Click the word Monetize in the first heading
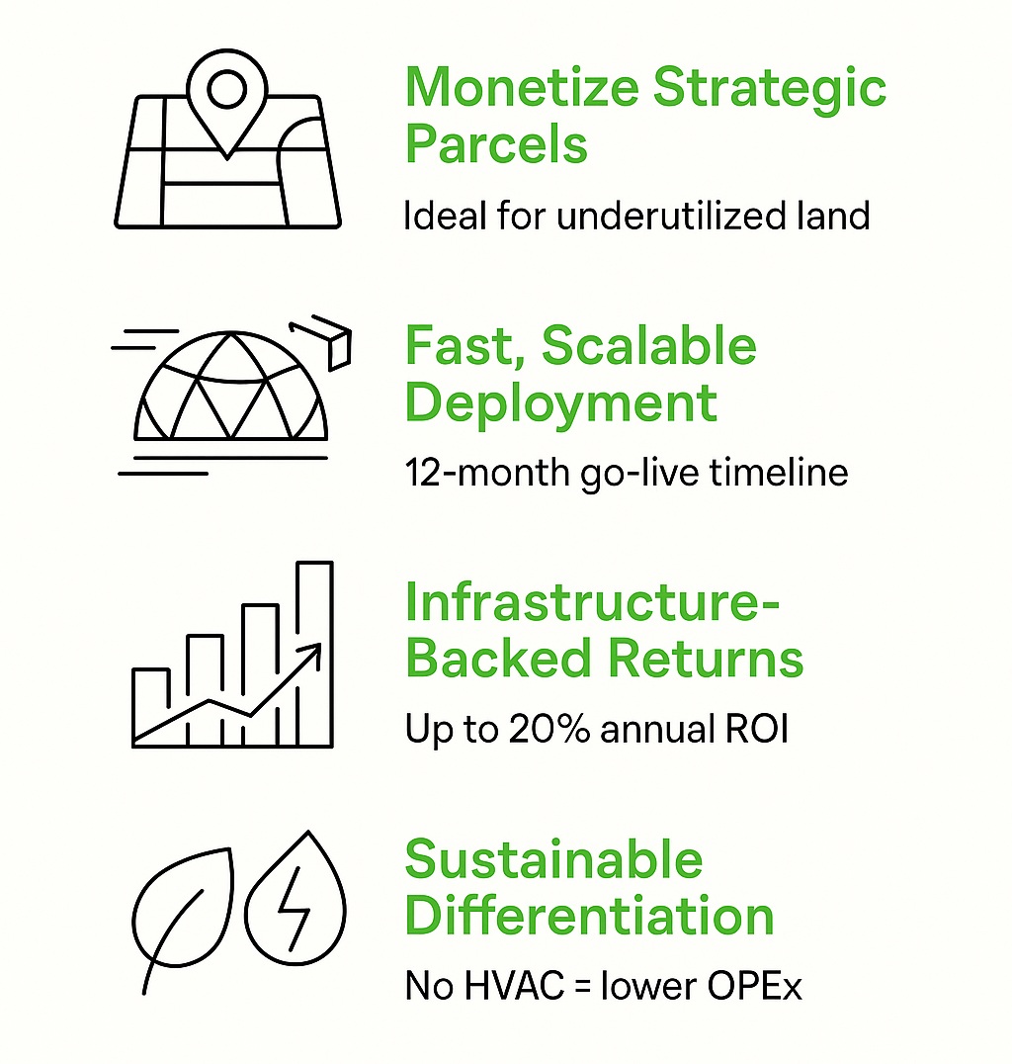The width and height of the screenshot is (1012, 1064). (522, 87)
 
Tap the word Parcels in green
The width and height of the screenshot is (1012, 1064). (496, 143)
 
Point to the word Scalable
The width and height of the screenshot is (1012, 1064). (649, 345)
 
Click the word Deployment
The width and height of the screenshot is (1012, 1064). (561, 403)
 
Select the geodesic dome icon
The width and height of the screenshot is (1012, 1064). (230, 386)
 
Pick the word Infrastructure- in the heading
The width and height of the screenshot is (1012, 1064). (593, 602)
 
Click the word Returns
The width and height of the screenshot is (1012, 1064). (706, 659)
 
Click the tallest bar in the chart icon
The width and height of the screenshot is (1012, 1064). (314, 655)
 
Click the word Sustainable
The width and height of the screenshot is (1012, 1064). (554, 859)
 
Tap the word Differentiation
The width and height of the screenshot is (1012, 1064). (589, 916)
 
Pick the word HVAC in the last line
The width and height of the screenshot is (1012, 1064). (515, 985)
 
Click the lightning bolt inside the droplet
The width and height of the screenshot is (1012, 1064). (295, 908)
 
